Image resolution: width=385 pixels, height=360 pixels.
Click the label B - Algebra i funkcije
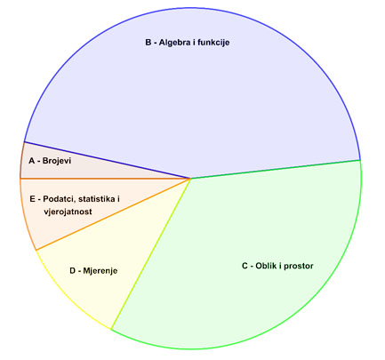[188, 43]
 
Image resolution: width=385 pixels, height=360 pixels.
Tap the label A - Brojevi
[50, 161]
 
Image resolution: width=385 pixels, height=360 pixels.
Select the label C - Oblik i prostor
[277, 266]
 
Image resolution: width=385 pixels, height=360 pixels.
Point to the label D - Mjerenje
[93, 271]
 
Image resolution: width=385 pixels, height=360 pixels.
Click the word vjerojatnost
[68, 212]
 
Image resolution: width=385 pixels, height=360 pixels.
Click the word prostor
[299, 266]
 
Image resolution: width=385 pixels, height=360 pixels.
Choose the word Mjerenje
[100, 271]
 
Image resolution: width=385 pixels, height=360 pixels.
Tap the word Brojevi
[57, 161]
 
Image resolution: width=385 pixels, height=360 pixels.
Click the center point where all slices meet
[190, 179]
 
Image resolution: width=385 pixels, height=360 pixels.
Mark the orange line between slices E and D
[113, 214]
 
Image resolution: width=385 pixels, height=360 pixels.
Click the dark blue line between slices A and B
[107, 160]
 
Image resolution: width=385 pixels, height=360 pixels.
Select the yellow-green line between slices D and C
[150, 253]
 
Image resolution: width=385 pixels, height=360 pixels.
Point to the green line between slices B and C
[276, 169]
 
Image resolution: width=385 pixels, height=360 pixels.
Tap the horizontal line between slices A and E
[105, 179]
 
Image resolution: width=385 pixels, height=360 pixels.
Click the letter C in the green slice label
[245, 266]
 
